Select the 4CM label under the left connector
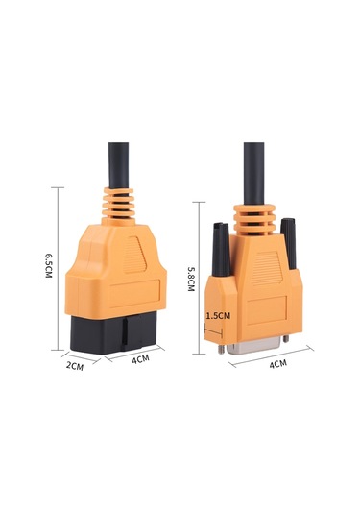click(140, 359)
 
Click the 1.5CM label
click(218, 314)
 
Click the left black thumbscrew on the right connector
click(220, 249)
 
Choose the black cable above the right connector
click(254, 163)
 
